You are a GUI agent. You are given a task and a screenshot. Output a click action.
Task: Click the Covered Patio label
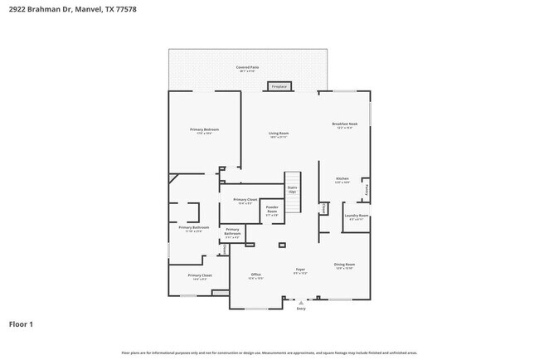247,68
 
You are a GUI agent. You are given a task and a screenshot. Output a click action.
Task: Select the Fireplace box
279,86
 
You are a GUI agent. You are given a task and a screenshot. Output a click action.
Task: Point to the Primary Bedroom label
204,130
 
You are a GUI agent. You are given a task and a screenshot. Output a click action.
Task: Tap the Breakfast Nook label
346,125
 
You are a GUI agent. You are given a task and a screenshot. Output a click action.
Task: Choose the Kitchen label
342,180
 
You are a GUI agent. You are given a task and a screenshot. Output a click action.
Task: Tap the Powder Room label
272,211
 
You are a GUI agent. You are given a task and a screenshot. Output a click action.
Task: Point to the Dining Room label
345,265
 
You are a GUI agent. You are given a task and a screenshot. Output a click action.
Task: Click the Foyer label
300,270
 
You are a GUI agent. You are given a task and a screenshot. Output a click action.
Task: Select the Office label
256,275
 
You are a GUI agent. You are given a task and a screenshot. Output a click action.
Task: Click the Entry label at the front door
300,308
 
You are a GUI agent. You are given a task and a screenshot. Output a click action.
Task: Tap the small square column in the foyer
282,245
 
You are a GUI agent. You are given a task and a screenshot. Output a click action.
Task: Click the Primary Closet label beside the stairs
245,201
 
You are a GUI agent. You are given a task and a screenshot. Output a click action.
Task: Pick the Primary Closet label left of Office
200,276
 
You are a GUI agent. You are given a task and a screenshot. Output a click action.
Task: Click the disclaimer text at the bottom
269,353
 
